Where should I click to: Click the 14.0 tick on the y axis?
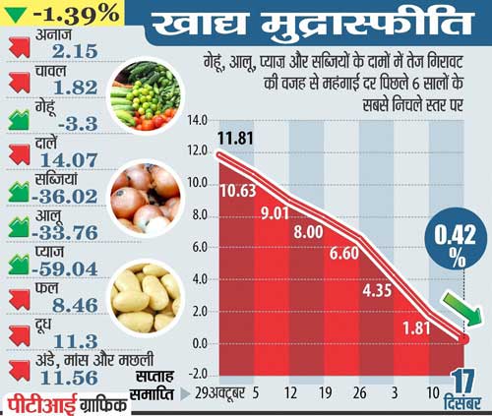(x=196, y=120)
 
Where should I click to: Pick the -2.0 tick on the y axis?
(x=196, y=375)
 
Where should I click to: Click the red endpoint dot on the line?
(x=463, y=339)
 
